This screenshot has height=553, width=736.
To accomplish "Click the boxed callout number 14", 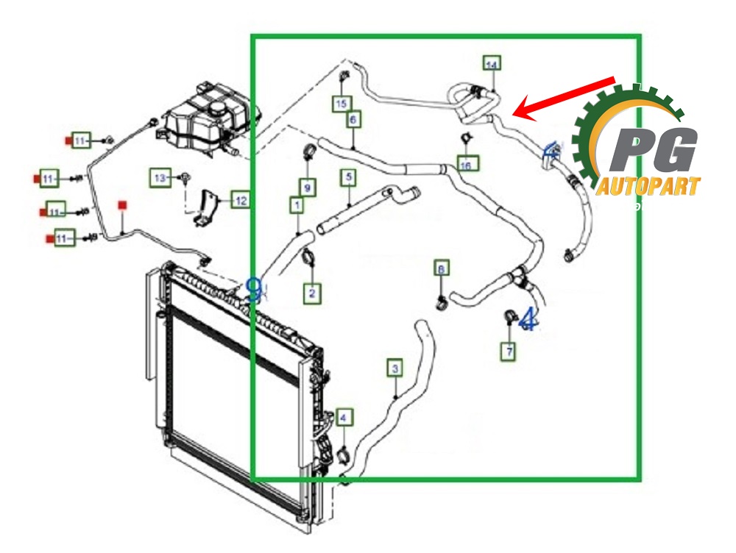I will (491, 64).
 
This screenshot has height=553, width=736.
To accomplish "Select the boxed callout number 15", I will (341, 104).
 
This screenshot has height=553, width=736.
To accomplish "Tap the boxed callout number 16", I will (465, 164).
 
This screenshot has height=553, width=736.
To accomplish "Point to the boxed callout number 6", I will (353, 118).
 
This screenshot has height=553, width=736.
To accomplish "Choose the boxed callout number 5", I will (347, 177).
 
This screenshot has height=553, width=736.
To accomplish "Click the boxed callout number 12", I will (240, 199).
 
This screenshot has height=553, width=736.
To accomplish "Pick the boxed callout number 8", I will (440, 269).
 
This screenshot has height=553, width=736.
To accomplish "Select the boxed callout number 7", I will (508, 352).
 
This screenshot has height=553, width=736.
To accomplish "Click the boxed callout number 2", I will (312, 293).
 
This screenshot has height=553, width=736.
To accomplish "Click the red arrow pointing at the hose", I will (563, 95).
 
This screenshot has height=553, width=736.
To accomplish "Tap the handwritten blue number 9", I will (254, 289).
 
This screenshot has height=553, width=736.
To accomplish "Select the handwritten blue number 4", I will (527, 320).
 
